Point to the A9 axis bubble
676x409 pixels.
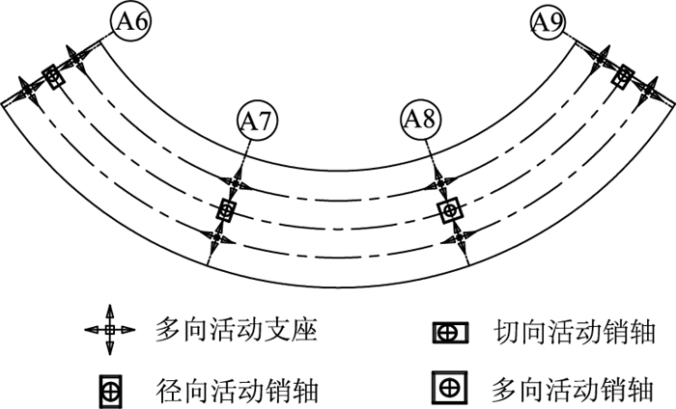549,22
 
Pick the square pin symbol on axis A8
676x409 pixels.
448,210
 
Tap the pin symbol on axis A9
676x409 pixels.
624,75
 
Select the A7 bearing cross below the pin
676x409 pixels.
219,237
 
